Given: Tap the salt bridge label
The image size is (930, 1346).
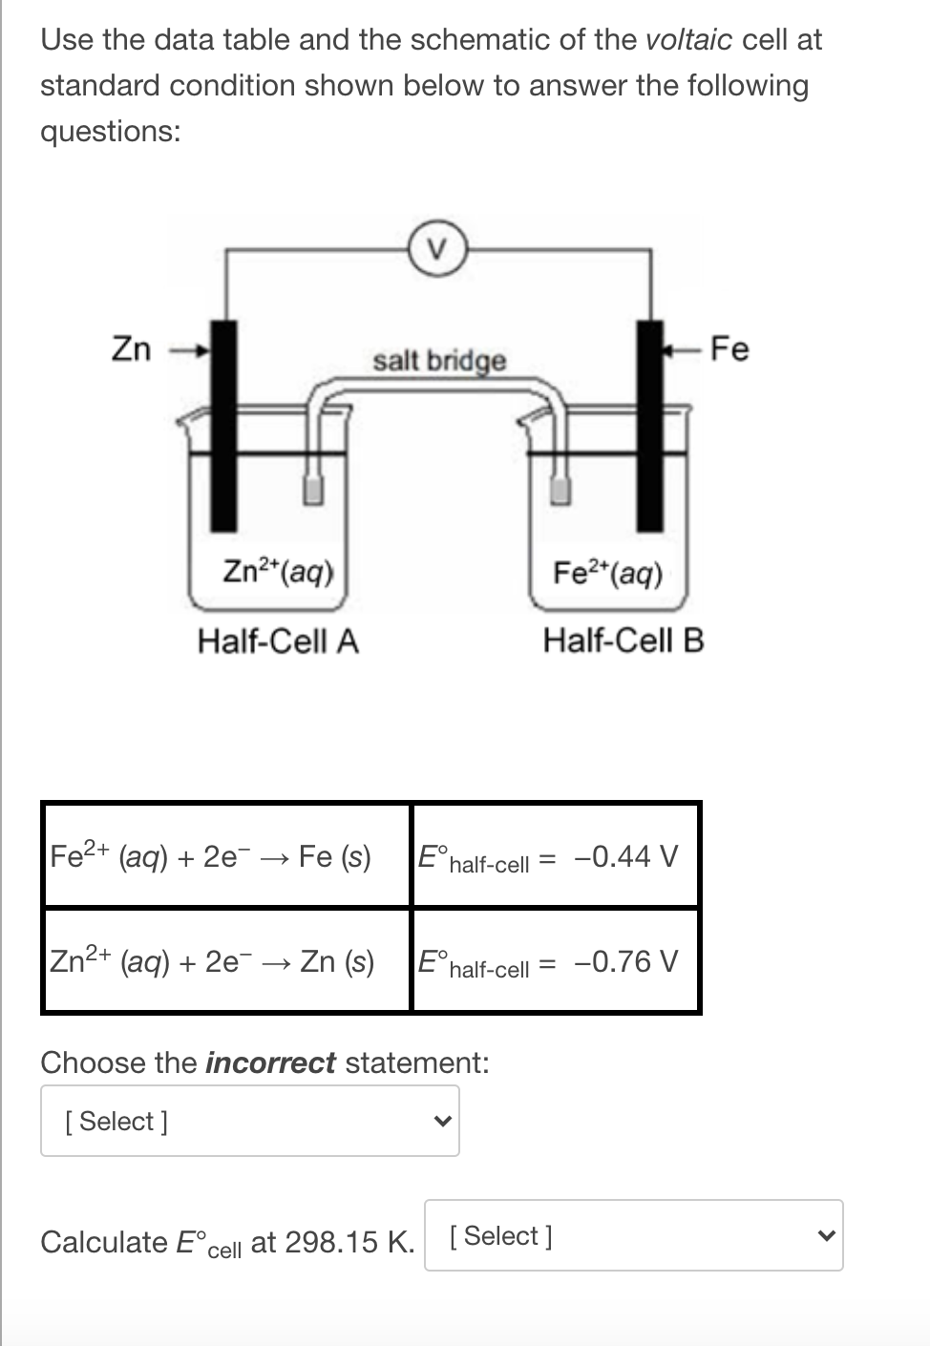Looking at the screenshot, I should pyautogui.click(x=439, y=361).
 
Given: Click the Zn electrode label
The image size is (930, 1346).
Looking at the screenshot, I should pyautogui.click(x=132, y=349).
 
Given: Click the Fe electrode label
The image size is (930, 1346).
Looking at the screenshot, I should pyautogui.click(x=730, y=349).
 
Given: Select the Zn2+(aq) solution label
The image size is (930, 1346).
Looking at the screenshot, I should pyautogui.click(x=278, y=572).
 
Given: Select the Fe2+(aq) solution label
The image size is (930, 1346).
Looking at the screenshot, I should pyautogui.click(x=607, y=573).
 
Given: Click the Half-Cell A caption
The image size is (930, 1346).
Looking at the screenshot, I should pyautogui.click(x=278, y=641).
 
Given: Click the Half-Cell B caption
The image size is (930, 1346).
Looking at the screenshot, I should pyautogui.click(x=624, y=641).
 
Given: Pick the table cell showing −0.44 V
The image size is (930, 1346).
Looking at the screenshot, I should pyautogui.click(x=555, y=856).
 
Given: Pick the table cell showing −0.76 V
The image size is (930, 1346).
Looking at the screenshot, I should pyautogui.click(x=555, y=961).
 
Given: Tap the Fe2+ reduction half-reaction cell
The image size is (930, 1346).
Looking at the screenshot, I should pyautogui.click(x=227, y=856).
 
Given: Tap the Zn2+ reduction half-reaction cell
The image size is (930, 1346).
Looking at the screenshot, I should pyautogui.click(x=227, y=961).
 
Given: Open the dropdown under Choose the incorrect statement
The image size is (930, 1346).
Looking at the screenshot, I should pyautogui.click(x=250, y=1121).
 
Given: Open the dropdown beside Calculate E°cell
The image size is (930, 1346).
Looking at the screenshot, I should pyautogui.click(x=633, y=1235).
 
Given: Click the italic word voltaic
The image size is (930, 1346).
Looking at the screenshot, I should pyautogui.click(x=689, y=40).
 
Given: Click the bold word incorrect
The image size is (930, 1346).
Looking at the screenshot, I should pyautogui.click(x=270, y=1062).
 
